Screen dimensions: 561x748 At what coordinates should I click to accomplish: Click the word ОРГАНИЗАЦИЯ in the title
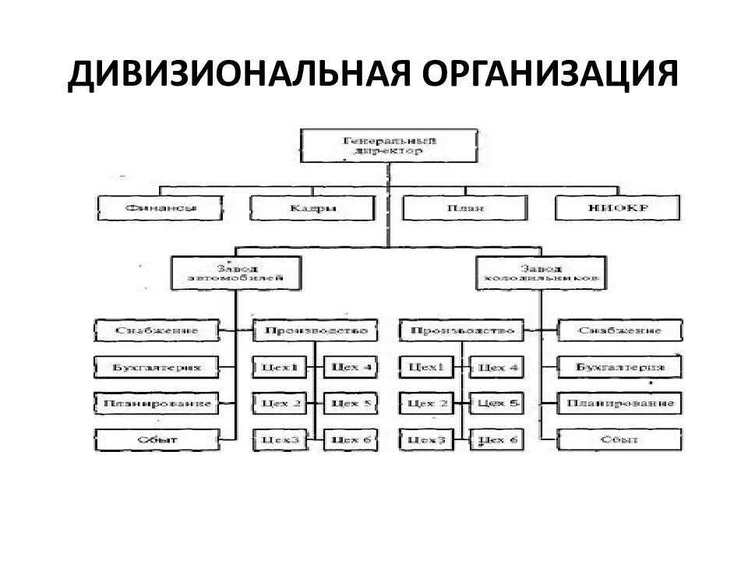pos(551,76)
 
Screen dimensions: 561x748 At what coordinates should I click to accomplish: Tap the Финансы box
pos(161,207)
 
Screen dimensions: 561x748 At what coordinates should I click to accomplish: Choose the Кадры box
pos(312,208)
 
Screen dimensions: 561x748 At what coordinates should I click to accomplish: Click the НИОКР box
pos(618,208)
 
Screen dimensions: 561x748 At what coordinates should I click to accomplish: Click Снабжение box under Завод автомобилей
pos(157,330)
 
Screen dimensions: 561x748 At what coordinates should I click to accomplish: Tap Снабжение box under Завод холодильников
pos(621,330)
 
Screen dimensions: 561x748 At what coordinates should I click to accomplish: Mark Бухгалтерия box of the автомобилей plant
pos(157,366)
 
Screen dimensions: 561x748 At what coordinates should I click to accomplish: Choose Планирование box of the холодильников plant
pos(621,404)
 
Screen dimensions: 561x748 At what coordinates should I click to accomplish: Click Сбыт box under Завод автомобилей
pos(157,440)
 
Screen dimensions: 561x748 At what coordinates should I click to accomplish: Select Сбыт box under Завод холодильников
pos(621,440)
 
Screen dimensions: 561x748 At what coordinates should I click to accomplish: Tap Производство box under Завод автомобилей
pos(316,330)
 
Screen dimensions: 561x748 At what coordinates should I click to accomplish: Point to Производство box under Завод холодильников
pos(462,330)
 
